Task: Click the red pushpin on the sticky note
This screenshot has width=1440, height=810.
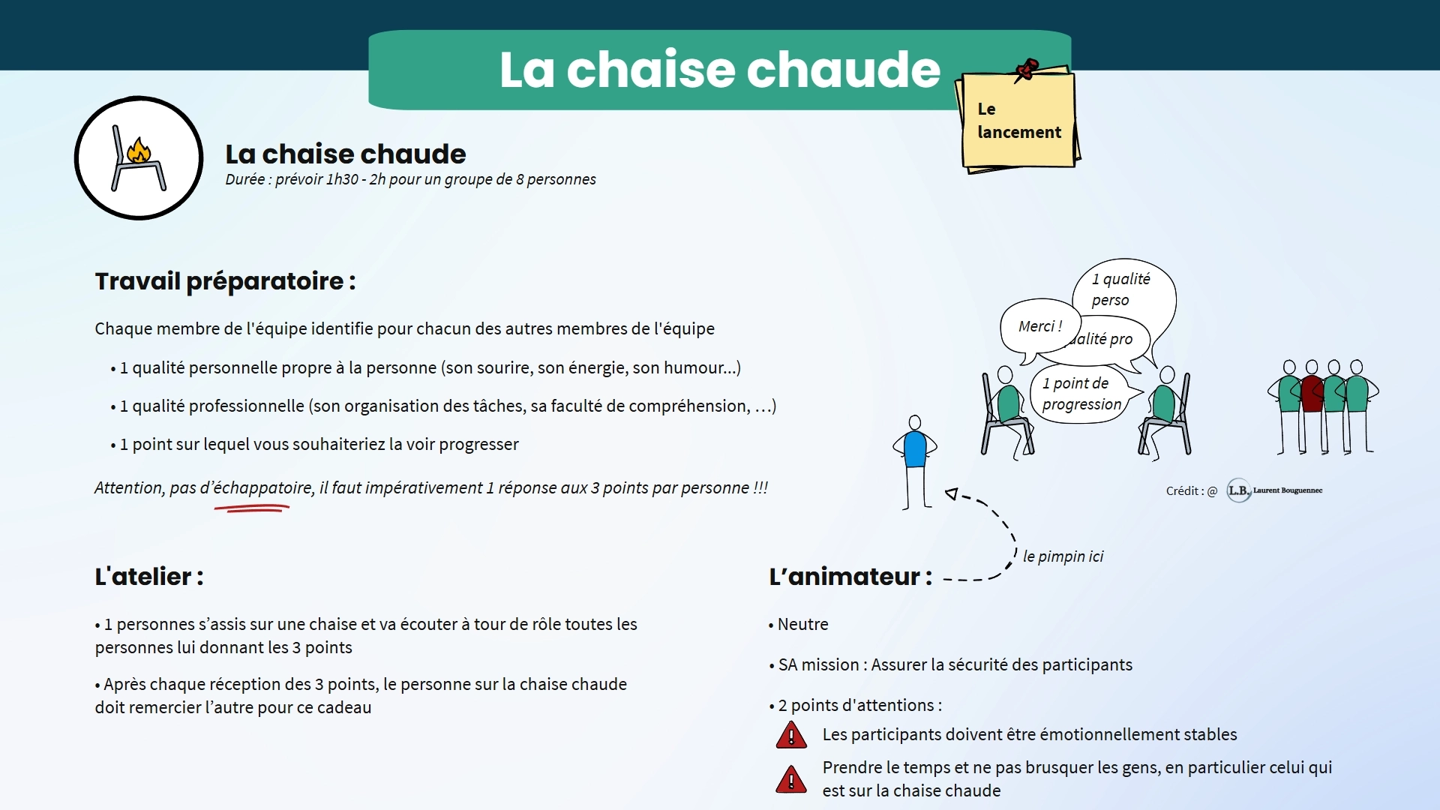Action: coord(1026,70)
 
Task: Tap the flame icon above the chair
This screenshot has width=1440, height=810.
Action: coord(139,150)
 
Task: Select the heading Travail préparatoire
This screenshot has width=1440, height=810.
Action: coord(225,281)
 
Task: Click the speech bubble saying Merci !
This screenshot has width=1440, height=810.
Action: coord(1039,327)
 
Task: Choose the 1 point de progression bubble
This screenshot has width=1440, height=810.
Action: coord(1081,394)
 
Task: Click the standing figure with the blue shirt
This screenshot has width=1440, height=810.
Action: coord(915,450)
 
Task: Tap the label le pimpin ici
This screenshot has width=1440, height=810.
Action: coord(1063,556)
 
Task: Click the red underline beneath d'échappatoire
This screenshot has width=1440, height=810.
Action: coord(252,508)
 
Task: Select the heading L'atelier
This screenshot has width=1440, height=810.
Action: coord(148,577)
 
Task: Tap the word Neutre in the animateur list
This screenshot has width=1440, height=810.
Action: coord(802,624)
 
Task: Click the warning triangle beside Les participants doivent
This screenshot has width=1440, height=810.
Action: coord(791,736)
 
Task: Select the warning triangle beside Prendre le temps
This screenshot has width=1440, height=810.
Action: coord(791,780)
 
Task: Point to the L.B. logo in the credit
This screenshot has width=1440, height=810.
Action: coord(1238,490)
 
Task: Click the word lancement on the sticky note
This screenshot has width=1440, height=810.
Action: coord(1019,133)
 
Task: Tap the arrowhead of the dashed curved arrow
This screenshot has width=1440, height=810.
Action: coord(952,493)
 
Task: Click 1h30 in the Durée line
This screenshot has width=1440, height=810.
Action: coord(341,179)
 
